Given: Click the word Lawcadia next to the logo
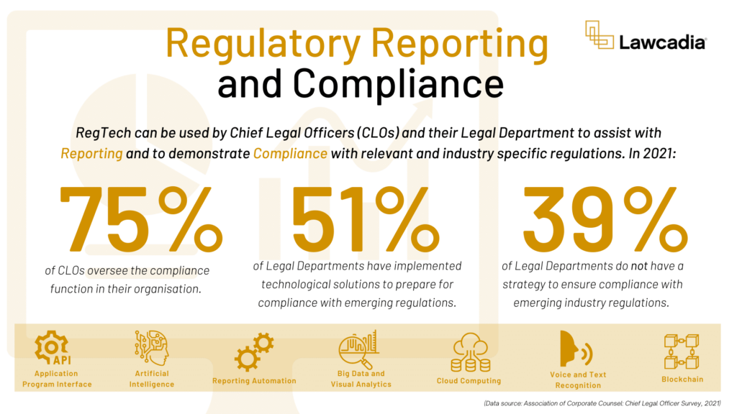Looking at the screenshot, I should (661, 43).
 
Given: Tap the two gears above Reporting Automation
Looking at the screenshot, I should (253, 351).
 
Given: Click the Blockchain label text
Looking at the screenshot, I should (682, 379).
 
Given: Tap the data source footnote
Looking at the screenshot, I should (602, 402).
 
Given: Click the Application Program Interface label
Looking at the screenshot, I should (57, 379).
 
